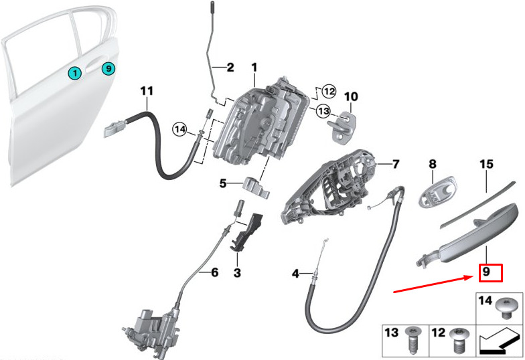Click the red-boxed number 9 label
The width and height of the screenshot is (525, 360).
487,272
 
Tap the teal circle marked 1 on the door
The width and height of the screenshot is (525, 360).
75,72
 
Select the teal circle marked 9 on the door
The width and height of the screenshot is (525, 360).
109,68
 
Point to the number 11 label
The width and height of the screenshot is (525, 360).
147,90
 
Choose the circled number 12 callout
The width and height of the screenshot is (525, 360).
328,90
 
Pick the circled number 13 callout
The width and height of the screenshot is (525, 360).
323,110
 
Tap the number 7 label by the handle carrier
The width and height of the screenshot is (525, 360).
395,163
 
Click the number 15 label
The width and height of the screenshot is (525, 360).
486,163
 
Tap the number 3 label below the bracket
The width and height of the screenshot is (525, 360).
236,272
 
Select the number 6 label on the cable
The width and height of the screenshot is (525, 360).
214,272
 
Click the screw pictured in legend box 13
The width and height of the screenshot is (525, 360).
413,341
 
